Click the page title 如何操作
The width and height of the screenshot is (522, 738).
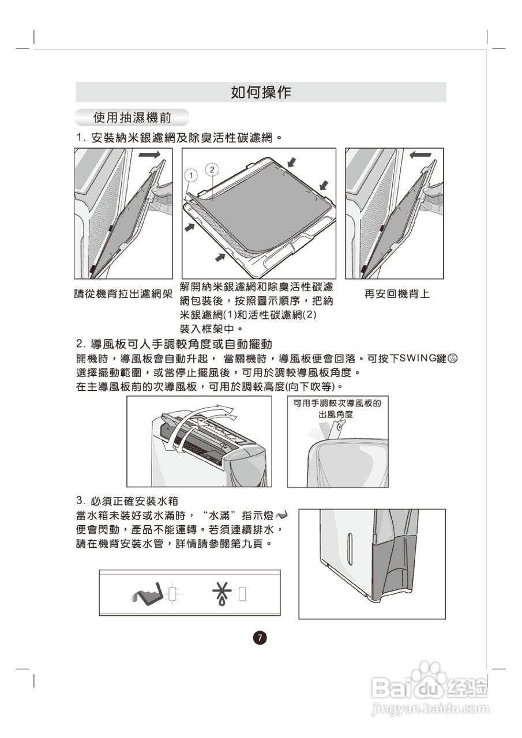click(x=261, y=92)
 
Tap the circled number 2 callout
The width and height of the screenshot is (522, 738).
click(x=212, y=169)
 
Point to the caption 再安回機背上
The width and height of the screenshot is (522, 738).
click(x=397, y=294)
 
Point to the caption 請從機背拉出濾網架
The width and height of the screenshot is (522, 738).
click(x=123, y=294)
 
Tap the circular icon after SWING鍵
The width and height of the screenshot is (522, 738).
click(x=453, y=359)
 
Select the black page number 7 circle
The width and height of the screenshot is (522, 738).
click(x=260, y=638)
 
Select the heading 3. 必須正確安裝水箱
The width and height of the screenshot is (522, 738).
click(x=131, y=499)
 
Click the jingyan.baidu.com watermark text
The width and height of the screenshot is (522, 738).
click(x=430, y=707)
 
